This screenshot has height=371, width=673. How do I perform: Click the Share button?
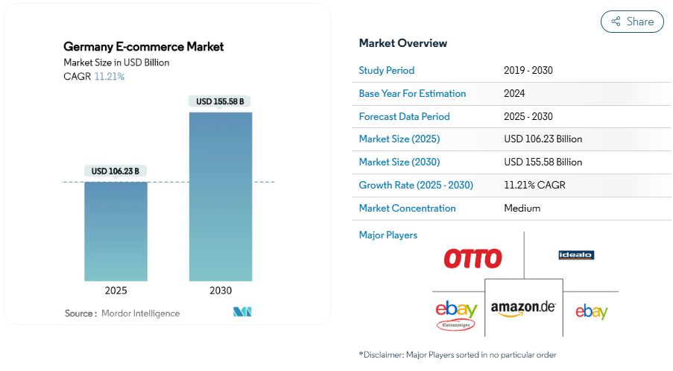[632, 22]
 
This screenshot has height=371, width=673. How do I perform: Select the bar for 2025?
[116, 231]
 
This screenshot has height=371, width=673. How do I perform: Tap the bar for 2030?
[221, 197]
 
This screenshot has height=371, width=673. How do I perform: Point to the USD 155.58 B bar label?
[221, 101]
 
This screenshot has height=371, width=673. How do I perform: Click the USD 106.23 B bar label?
[116, 171]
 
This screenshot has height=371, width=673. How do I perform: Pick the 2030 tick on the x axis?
[221, 291]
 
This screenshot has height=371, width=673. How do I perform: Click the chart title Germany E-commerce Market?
[144, 47]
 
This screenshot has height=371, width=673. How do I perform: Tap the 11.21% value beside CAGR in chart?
[110, 77]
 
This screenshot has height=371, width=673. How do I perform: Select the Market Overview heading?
[403, 43]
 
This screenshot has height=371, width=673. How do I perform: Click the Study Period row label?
[387, 71]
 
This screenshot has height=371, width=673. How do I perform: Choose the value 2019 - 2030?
[528, 71]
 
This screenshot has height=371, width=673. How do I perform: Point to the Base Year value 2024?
[515, 94]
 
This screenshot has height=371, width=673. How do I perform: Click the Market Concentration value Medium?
[522, 209]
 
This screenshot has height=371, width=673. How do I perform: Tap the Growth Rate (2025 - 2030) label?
[416, 185]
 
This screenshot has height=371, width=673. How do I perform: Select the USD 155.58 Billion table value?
[543, 162]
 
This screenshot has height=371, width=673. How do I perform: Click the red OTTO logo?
[473, 259]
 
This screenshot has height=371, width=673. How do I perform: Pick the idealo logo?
[576, 256]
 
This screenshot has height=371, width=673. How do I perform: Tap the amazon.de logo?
[523, 308]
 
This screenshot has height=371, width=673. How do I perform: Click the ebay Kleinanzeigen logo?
[456, 315]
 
